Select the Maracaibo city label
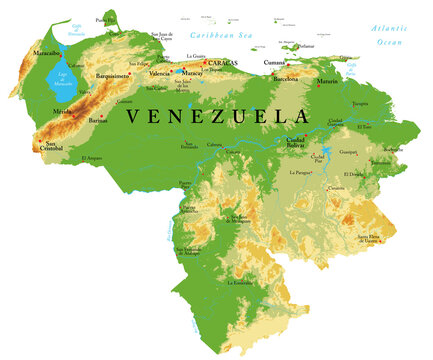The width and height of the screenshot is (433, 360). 46,52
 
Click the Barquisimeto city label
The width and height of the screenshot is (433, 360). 113,75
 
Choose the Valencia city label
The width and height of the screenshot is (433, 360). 160,74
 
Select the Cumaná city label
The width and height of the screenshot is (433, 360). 274,63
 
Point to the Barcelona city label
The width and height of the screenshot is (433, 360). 286,77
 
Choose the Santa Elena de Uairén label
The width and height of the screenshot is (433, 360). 369,238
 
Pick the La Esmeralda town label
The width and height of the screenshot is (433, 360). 242,283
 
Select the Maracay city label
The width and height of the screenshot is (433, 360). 192,73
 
